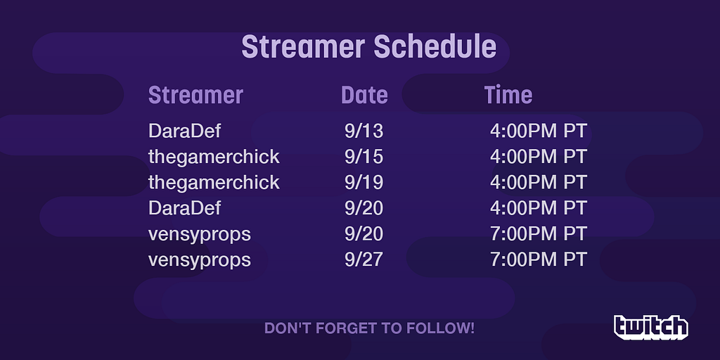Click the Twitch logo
pyautogui.click(x=651, y=327)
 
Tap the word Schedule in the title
pyautogui.click(x=435, y=46)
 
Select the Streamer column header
pyautogui.click(x=195, y=95)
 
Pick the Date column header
pyautogui.click(x=365, y=95)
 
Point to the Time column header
pyautogui.click(x=508, y=95)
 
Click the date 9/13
pyautogui.click(x=364, y=131)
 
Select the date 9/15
pyautogui.click(x=364, y=157)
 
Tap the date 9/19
pyautogui.click(x=364, y=183)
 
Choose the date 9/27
pyautogui.click(x=364, y=260)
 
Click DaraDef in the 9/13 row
pyautogui.click(x=185, y=131)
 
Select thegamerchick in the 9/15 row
pyautogui.click(x=214, y=157)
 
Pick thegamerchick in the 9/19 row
pyautogui.click(x=214, y=183)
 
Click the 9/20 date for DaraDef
pyautogui.click(x=364, y=208)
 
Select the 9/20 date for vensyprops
pyautogui.click(x=364, y=234)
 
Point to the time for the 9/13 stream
pyautogui.click(x=538, y=131)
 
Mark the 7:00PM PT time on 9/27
pyautogui.click(x=538, y=260)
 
